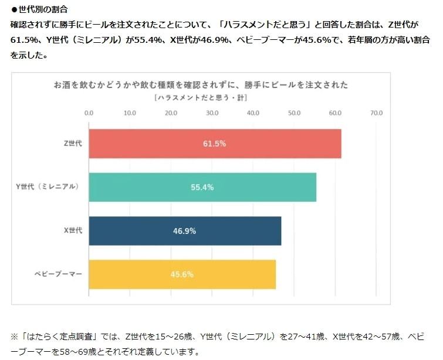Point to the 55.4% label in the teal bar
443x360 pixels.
pyautogui.click(x=202, y=188)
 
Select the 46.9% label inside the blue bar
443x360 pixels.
pyautogui.click(x=184, y=231)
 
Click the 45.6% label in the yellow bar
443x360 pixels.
pyautogui.click(x=182, y=274)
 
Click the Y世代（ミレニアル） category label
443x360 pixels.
pyautogui.click(x=48, y=187)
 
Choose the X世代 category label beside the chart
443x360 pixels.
pyautogui.click(x=73, y=230)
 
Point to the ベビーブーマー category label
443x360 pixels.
pyautogui.click(x=59, y=274)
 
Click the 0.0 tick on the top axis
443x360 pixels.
pyautogui.click(x=89, y=113)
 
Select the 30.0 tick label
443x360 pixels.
pyautogui.click(x=212, y=113)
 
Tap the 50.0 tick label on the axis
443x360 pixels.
pyautogui.click(x=295, y=113)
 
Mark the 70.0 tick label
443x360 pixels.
pyautogui.click(x=377, y=113)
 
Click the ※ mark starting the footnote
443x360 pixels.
pyautogui.click(x=15, y=337)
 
